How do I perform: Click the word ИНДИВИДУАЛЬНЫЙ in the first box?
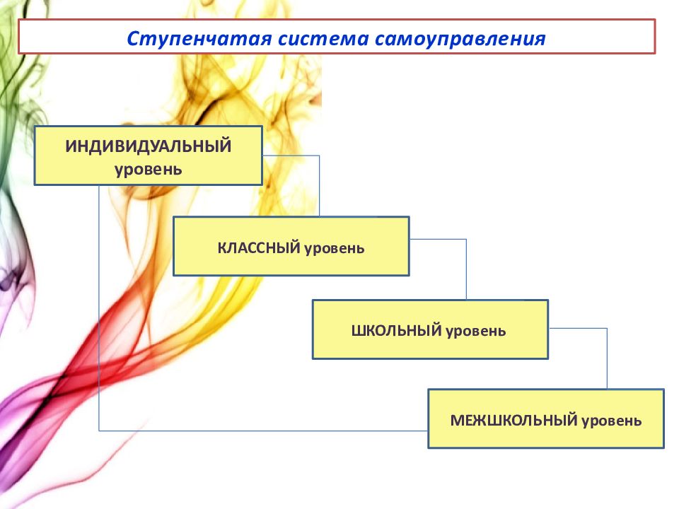click(149, 146)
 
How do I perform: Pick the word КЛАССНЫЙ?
click(259, 248)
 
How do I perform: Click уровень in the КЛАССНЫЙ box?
click(335, 248)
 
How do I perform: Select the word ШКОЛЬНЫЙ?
click(397, 330)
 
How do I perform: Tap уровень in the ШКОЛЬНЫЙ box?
click(475, 330)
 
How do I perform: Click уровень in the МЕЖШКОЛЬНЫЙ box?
click(612, 421)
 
